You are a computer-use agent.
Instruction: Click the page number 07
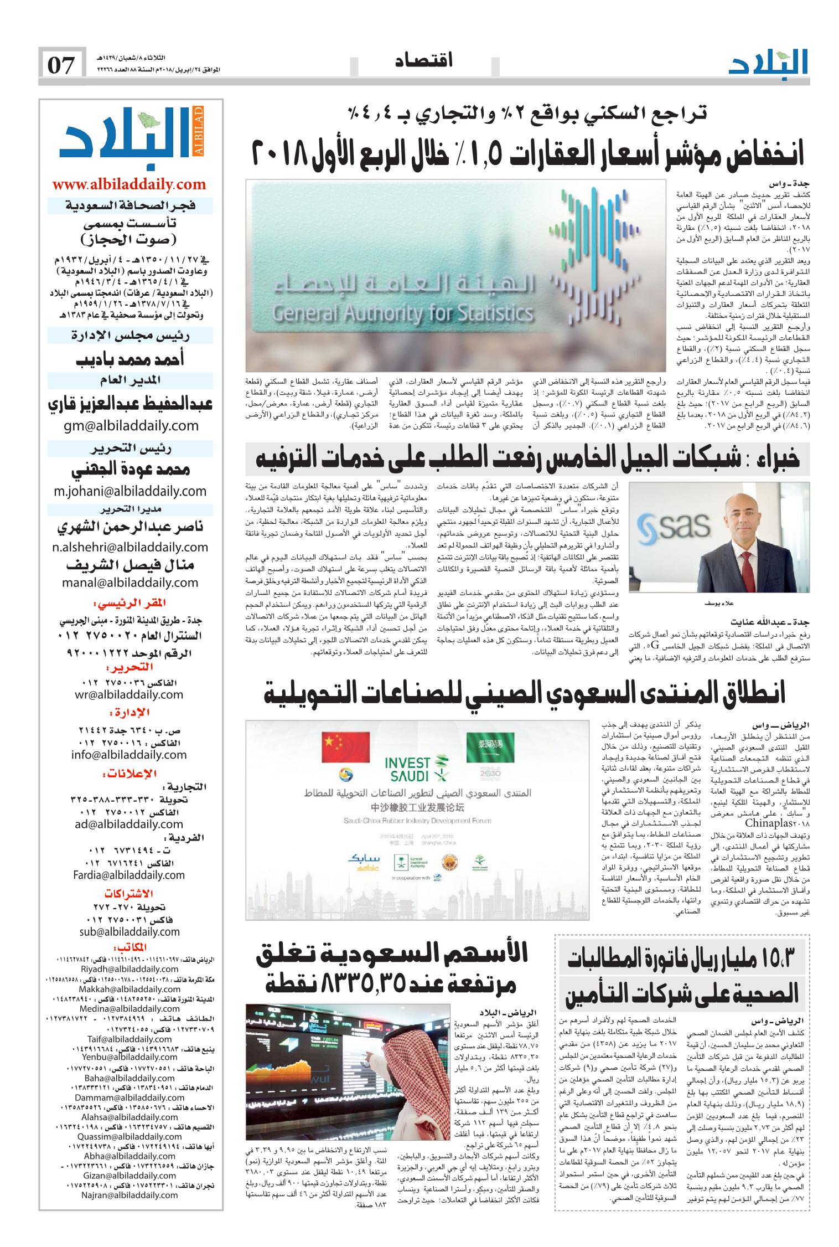coord(61,65)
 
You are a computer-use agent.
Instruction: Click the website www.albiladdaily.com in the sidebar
coord(129,184)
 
